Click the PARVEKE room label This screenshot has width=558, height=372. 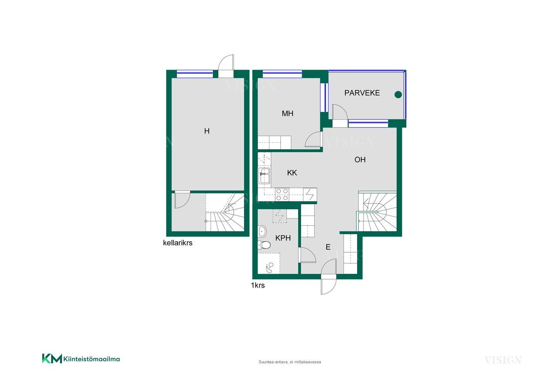[x=362, y=93]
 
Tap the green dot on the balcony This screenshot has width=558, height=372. [x=398, y=95]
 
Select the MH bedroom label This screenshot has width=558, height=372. [x=287, y=114]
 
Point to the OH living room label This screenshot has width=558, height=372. [x=360, y=159]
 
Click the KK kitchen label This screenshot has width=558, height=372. [x=292, y=173]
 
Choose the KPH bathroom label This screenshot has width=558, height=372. [x=283, y=238]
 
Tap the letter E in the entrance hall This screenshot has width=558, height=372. [x=328, y=247]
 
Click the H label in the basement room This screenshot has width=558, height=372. [x=207, y=131]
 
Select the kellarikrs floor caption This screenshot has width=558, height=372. [x=177, y=243]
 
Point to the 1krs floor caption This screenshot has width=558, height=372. [x=258, y=285]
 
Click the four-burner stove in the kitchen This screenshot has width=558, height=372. [x=282, y=194]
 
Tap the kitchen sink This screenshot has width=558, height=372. [x=264, y=176]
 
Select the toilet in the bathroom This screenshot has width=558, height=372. [x=264, y=245]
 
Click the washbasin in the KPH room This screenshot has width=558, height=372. [x=262, y=231]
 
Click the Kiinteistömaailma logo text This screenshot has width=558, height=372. [x=92, y=359]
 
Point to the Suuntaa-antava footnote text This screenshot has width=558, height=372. [x=290, y=362]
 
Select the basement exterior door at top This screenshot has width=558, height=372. [x=226, y=66]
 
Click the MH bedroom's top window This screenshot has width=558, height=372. [x=282, y=74]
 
